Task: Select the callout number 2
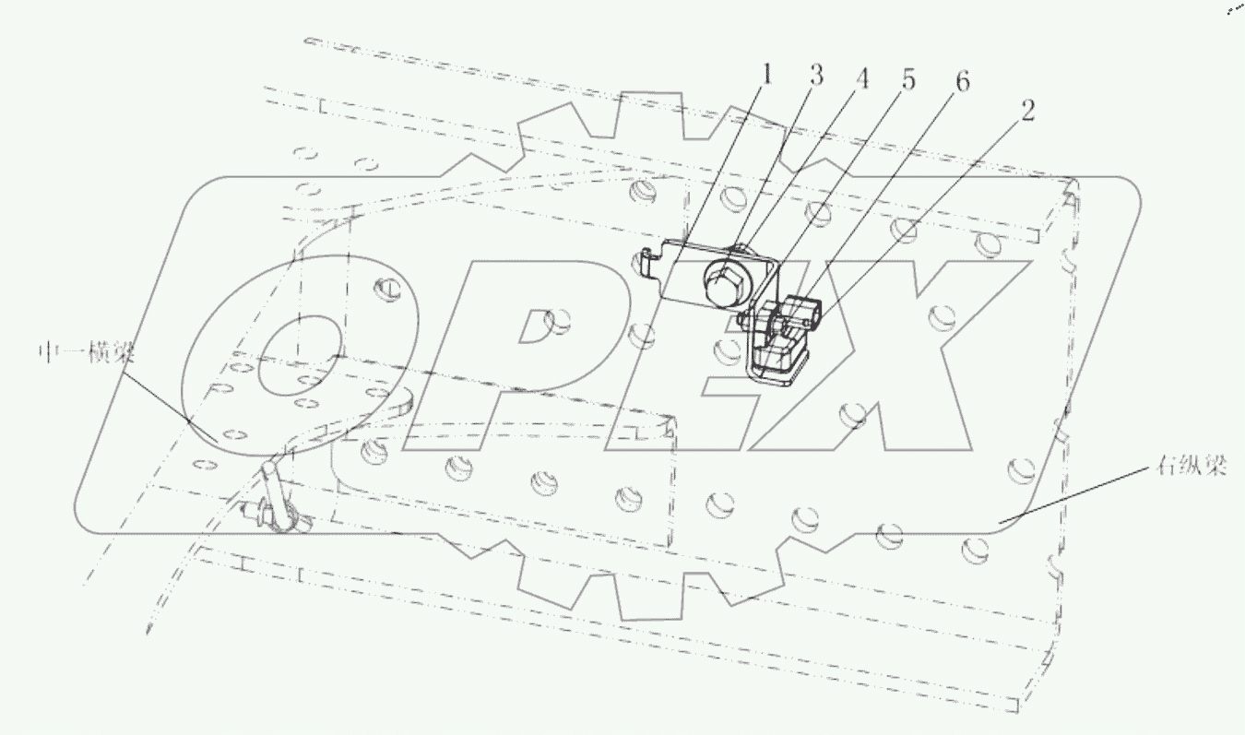point(1027,112)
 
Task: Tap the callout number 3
point(816,76)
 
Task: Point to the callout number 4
point(861,79)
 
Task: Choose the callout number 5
point(907,80)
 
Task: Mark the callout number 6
point(963,82)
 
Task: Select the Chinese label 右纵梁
point(1192,465)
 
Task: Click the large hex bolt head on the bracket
point(726,280)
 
